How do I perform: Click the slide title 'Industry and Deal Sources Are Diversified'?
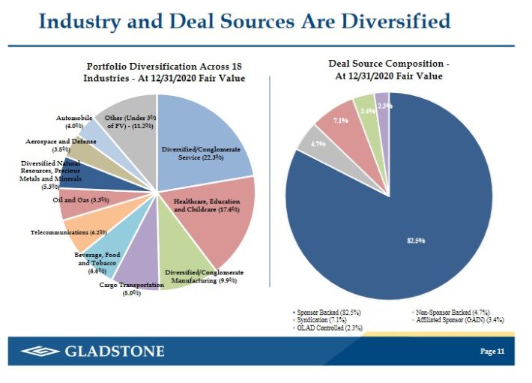pos(244,21)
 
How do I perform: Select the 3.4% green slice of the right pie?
pos(366,109)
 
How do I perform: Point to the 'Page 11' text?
pos(492,352)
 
